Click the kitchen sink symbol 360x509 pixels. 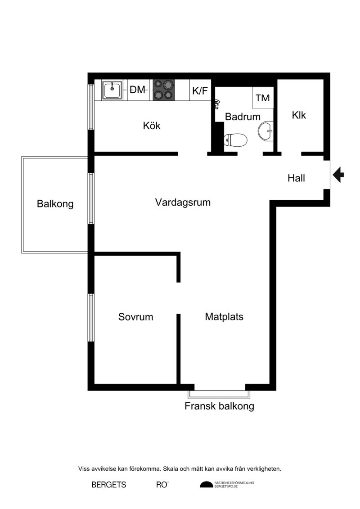click(112, 90)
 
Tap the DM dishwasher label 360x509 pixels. click(137, 90)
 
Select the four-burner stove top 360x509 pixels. click(164, 90)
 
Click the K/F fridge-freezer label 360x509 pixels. click(200, 90)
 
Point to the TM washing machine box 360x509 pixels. click(263, 97)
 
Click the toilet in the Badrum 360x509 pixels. click(235, 140)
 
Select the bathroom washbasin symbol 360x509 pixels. click(266, 131)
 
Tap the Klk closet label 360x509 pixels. click(299, 115)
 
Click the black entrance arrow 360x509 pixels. click(338, 175)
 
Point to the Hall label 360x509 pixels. click(296, 178)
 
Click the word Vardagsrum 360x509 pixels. click(183, 202)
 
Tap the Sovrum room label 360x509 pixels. click(136, 316)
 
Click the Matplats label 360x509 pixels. click(224, 316)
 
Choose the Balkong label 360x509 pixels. click(55, 204)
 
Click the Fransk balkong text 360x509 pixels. click(220, 406)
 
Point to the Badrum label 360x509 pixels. click(243, 117)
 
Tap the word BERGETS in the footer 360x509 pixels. click(109, 485)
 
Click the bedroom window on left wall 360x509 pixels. click(91, 317)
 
